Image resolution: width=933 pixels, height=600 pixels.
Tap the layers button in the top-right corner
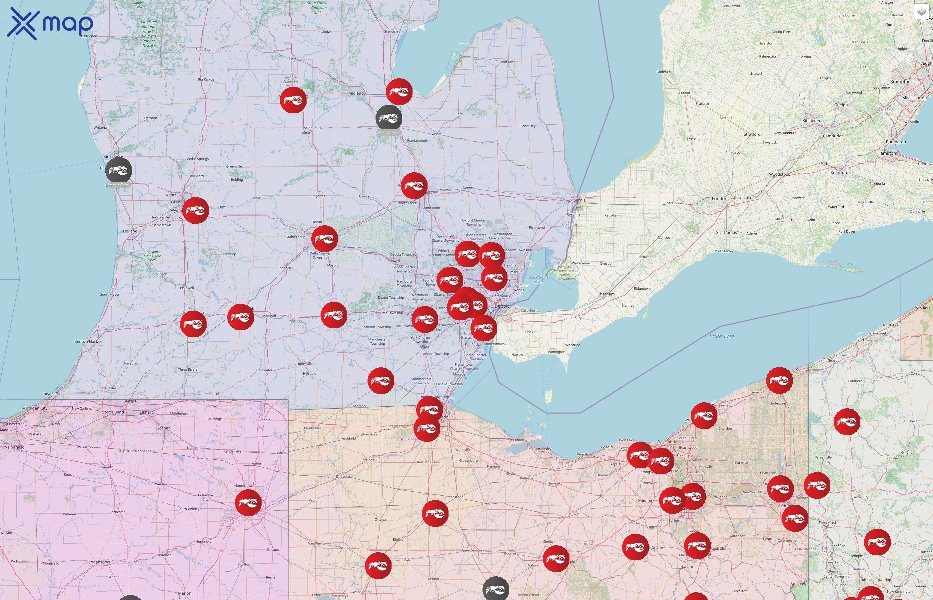click(921, 12)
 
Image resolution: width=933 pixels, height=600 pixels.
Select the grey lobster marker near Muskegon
click(118, 170)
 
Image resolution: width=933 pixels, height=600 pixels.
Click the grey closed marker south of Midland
click(389, 118)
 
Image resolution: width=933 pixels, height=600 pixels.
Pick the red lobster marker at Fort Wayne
click(248, 503)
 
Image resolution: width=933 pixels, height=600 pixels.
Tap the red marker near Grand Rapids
click(196, 210)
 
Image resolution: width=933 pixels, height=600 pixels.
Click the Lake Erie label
click(721, 336)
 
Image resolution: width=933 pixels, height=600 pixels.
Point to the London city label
click(719, 199)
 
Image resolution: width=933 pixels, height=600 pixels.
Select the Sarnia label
click(579, 200)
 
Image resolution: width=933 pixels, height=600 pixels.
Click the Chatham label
click(606, 294)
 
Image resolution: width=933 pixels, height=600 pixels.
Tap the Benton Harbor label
click(88, 341)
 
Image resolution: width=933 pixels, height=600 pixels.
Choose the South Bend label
click(113, 412)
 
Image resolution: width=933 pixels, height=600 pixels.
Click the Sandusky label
click(542, 449)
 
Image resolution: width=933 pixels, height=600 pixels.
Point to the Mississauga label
click(914, 98)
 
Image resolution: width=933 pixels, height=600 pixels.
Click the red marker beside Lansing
click(324, 238)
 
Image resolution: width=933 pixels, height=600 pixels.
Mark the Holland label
click(130, 231)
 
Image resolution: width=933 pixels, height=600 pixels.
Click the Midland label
click(356, 93)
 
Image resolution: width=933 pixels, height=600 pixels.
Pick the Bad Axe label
click(507, 62)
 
